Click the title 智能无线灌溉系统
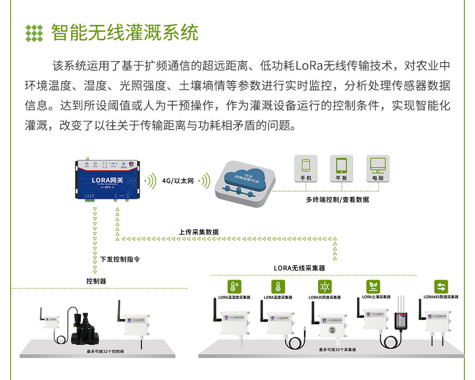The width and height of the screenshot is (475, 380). [125, 33]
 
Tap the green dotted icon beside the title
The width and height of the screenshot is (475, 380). [34, 33]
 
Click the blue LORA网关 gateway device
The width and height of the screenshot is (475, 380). [107, 181]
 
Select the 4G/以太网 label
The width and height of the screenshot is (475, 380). [177, 181]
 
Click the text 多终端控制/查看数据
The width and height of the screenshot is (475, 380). [337, 200]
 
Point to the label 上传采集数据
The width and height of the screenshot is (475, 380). [199, 232]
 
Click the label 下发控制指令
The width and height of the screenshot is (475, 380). [120, 260]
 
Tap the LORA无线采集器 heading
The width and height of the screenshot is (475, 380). [299, 268]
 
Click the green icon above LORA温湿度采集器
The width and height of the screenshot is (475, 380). [234, 287]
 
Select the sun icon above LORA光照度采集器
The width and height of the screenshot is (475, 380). [324, 287]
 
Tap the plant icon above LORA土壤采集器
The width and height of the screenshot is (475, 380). [373, 286]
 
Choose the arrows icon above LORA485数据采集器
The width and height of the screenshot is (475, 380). [441, 287]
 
